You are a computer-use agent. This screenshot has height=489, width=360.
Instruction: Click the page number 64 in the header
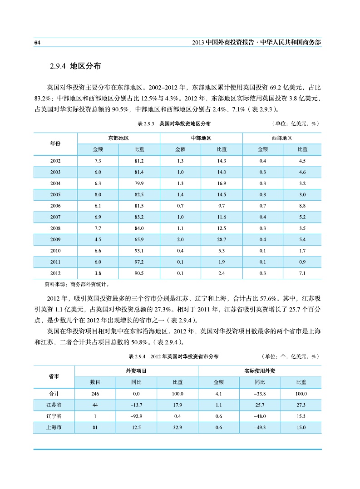38,42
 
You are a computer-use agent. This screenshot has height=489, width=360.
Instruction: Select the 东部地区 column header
118,138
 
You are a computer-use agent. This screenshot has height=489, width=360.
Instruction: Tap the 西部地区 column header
281,138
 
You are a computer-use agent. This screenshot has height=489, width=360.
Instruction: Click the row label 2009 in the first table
55,239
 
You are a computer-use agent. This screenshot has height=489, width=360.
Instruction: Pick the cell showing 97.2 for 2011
139,262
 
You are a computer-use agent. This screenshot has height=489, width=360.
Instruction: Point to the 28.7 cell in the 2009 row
222,239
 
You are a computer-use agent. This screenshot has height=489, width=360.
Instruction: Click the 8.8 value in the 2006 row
302,206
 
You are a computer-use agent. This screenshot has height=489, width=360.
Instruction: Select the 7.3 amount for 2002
98,161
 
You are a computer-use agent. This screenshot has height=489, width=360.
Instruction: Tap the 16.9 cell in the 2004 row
222,183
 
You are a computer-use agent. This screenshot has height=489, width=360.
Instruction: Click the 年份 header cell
55,143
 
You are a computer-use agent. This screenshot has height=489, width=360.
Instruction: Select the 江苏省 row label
54,405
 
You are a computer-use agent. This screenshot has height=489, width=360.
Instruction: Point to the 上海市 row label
54,427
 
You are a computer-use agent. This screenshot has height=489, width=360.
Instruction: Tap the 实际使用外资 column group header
259,371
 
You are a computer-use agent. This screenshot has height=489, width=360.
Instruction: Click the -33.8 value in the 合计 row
259,394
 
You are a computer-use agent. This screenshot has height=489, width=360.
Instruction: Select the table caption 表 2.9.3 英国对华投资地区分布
174,123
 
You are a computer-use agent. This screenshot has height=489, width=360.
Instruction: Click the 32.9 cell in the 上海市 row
178,427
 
